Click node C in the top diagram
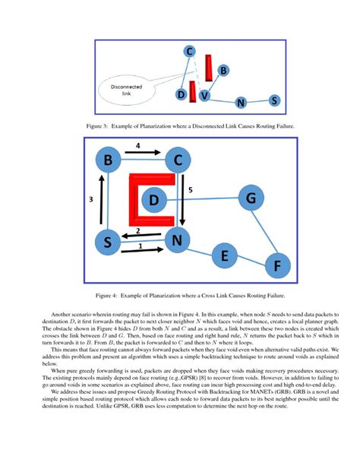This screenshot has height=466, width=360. click(190, 51)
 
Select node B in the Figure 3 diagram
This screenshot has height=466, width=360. click(223, 71)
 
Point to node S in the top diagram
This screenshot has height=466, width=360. click(273, 100)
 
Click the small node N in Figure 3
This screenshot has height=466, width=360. click(241, 103)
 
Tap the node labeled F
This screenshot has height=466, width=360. click(276, 267)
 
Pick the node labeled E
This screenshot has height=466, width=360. click(224, 256)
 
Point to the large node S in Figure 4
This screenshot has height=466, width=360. click(109, 243)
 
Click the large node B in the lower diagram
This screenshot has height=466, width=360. click(109, 160)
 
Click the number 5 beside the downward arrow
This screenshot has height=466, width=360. click(191, 189)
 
